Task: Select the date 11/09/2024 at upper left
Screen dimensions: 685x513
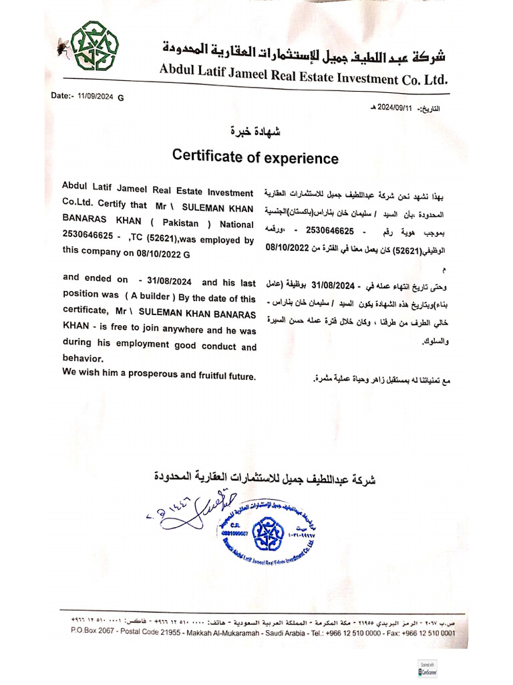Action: (x=96, y=96)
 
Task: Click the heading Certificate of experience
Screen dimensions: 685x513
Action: (x=255, y=157)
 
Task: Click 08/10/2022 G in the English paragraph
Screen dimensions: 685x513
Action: (x=162, y=254)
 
